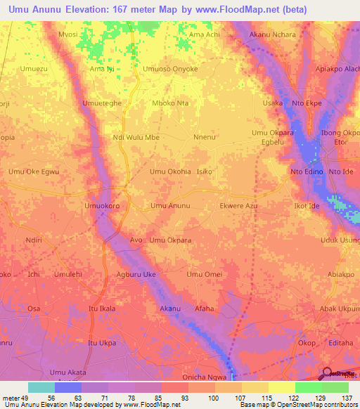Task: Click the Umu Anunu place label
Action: point(170,206)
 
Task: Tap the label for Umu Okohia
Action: point(170,171)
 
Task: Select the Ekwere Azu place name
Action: point(239,206)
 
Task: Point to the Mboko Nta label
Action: point(171,103)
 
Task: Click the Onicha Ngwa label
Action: point(205,377)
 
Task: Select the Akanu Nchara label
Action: point(273,34)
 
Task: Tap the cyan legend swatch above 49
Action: point(41,387)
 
